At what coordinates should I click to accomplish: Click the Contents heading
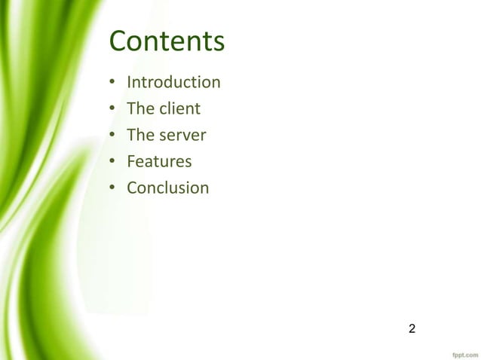[167, 41]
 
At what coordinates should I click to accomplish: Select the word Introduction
[173, 82]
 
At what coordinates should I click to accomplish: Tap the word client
[179, 108]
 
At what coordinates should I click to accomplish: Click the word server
[182, 136]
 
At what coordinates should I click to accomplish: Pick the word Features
[159, 161]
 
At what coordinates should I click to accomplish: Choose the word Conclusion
[167, 188]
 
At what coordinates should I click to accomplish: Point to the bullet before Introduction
[112, 83]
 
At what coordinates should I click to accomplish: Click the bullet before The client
[112, 109]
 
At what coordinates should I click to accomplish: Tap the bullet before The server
[112, 136]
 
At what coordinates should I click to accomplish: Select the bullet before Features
[112, 162]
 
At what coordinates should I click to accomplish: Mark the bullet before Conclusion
[112, 188]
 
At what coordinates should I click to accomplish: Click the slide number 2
[412, 328]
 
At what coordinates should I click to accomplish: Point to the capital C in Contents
[119, 41]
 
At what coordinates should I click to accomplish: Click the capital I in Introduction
[129, 82]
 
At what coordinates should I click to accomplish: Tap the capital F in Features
[131, 161]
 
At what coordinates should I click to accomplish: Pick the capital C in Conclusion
[132, 188]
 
